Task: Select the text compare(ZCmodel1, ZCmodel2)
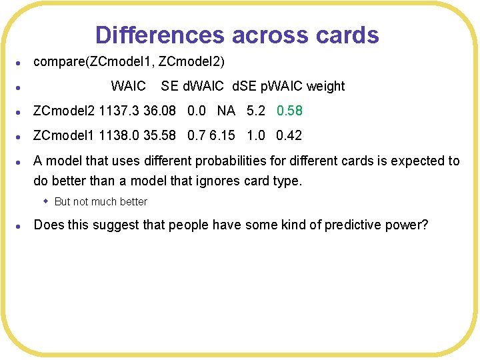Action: point(129,62)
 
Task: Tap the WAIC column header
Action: point(128,86)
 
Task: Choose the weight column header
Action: point(325,86)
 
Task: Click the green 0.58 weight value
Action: point(289,111)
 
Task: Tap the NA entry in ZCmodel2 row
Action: point(226,111)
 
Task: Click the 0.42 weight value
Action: point(289,135)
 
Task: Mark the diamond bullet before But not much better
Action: point(46,201)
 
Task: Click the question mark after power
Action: point(425,225)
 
